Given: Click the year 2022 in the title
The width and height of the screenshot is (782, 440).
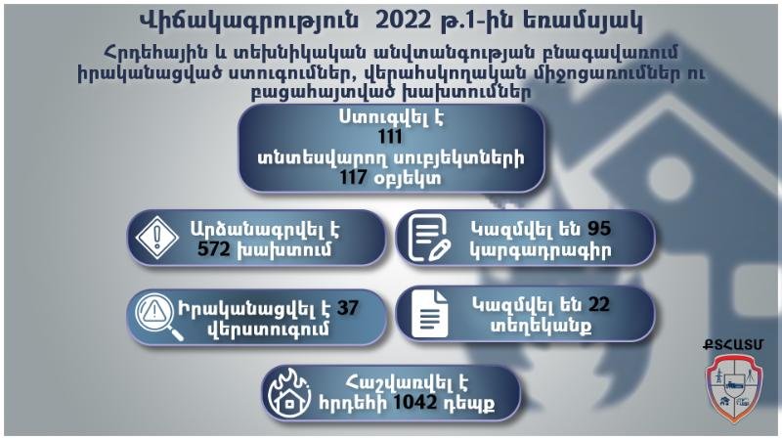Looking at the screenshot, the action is coord(404,21).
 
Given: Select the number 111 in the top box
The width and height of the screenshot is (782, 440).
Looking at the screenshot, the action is coord(390,137).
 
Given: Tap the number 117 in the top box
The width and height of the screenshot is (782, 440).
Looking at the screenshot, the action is coord(354,177).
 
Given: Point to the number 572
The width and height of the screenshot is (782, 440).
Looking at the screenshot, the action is coord(213,249).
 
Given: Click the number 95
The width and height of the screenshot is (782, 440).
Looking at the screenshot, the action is coord(599,228).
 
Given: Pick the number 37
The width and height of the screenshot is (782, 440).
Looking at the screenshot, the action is coord(348,307).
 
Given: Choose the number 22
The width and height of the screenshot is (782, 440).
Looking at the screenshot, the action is coord(598,304).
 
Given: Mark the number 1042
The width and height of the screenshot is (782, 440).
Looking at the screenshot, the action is coord(414,402).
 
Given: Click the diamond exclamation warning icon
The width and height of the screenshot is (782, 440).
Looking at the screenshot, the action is coord(157,237).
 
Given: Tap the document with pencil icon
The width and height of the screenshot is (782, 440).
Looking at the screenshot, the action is coord(428,238).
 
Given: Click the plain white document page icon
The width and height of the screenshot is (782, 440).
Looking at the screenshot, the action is coord(429,314).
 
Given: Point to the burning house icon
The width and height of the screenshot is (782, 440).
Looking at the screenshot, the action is coord(288,394).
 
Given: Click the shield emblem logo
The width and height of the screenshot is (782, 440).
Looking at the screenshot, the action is coord(732,387).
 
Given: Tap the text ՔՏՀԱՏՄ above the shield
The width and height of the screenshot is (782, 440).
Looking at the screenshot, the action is coord(733,345).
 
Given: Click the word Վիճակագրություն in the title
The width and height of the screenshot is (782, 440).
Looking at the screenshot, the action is coord(248,22).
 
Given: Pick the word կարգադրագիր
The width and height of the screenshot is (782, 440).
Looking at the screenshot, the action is coord(541,251).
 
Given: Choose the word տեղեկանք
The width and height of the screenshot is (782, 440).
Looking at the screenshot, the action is coord(541,327).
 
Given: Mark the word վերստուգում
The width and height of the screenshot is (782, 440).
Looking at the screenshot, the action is coord(268,330).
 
